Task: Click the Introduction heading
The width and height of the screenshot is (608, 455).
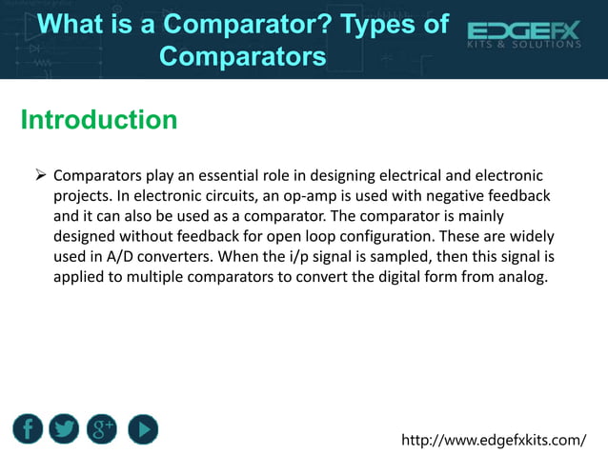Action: coord(98,121)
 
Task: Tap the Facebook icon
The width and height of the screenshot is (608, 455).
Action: coord(29,429)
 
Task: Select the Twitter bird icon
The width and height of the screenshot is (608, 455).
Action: coord(64,429)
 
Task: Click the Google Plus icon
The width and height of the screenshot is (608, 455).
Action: coord(102,429)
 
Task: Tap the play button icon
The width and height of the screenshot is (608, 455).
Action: coord(142,429)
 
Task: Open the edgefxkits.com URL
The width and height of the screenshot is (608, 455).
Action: coord(494,440)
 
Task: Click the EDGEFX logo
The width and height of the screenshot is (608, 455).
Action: coord(523,37)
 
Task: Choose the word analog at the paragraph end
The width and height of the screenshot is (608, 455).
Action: coord(522,280)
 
